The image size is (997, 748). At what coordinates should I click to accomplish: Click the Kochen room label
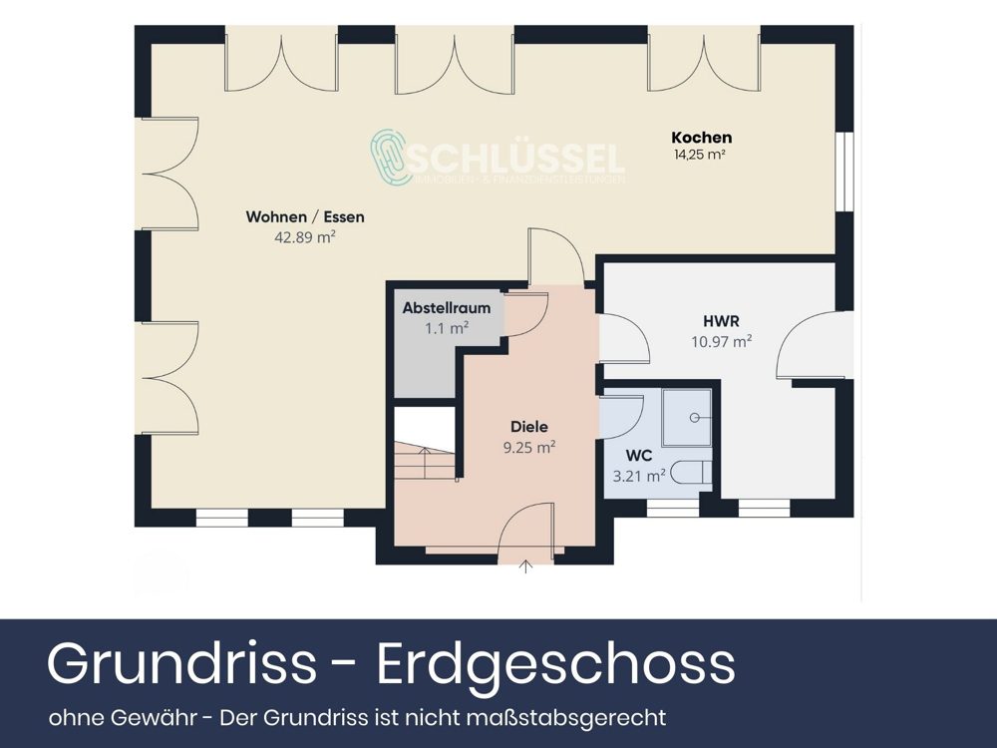pyautogui.click(x=702, y=138)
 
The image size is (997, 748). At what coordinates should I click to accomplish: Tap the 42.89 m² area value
pyautogui.click(x=304, y=237)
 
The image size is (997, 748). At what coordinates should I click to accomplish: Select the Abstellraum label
pyautogui.click(x=447, y=308)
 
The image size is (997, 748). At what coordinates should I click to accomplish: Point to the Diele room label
pyautogui.click(x=528, y=427)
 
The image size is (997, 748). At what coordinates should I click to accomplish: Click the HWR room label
pyautogui.click(x=721, y=321)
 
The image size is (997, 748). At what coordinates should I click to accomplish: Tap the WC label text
pyautogui.click(x=639, y=456)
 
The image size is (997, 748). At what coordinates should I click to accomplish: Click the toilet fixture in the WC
pyautogui.click(x=690, y=473)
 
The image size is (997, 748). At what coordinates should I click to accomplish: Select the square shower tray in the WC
pyautogui.click(x=687, y=417)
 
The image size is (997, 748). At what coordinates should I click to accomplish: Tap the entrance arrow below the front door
pyautogui.click(x=526, y=568)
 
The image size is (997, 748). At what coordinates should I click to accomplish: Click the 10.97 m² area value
pyautogui.click(x=721, y=341)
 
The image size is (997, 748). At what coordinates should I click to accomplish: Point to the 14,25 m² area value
pyautogui.click(x=699, y=155)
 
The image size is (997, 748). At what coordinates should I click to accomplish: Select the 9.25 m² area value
pyautogui.click(x=528, y=448)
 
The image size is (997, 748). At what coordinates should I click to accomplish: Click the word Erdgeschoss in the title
pyautogui.click(x=556, y=663)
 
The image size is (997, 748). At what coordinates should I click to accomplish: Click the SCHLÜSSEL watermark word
pyautogui.click(x=518, y=158)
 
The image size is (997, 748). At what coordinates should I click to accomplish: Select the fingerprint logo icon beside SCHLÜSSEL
pyautogui.click(x=391, y=158)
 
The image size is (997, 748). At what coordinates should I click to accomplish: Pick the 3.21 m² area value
pyautogui.click(x=639, y=476)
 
